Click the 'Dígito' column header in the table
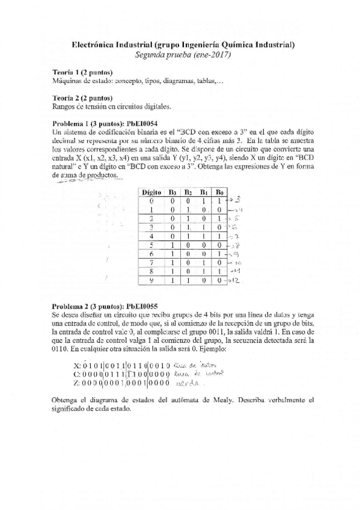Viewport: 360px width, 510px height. point(151,192)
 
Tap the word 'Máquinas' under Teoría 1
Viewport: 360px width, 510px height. point(67,81)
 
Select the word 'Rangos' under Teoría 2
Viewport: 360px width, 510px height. point(64,106)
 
